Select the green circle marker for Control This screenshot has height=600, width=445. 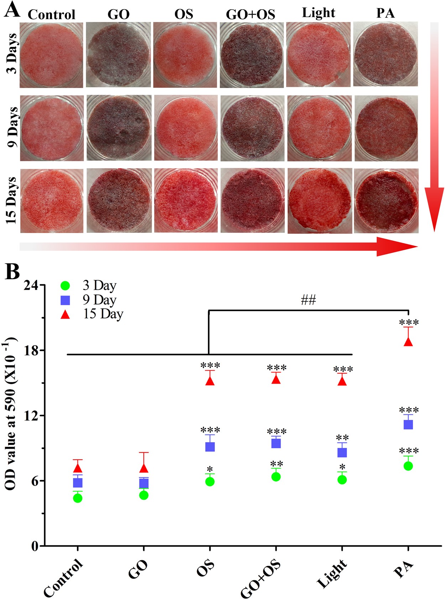pos(78,498)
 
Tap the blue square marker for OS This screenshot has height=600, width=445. pos(210,446)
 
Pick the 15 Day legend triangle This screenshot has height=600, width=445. pos(65,315)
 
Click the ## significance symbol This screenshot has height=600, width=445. pos(308,300)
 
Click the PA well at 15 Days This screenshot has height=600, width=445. pos(386,201)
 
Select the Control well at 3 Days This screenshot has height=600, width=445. pos(51,55)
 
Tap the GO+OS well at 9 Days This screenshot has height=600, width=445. pos(252,128)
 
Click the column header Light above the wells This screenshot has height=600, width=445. pos(318,13)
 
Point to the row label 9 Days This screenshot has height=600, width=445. pos(12,127)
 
